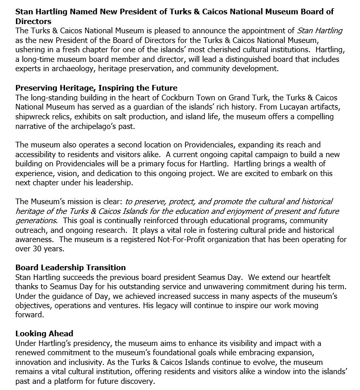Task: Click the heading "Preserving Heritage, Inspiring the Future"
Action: pos(96,88)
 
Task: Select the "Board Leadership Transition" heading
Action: pos(71,267)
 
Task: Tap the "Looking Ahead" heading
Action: pos(44,333)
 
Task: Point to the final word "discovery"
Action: pos(136,381)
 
